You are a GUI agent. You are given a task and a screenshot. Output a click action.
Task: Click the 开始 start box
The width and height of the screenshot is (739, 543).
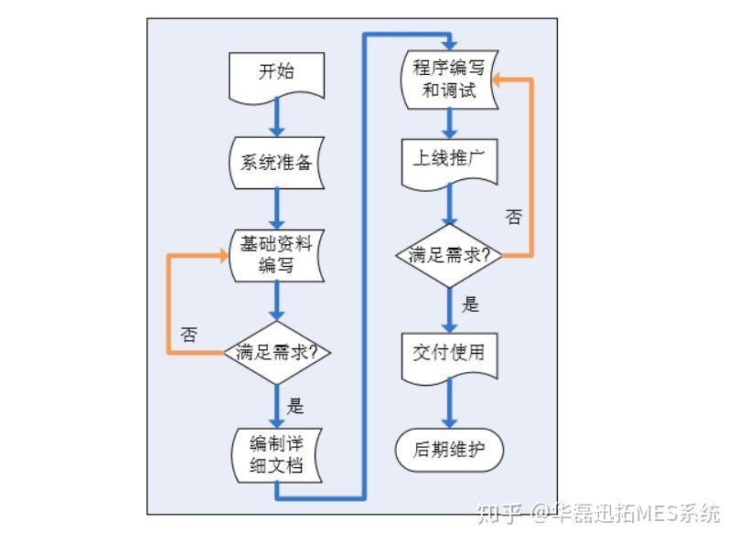276,73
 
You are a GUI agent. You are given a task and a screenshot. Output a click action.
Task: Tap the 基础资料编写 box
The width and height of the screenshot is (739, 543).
276,255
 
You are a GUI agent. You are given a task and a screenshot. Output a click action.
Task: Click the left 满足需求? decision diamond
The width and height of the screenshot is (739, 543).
276,352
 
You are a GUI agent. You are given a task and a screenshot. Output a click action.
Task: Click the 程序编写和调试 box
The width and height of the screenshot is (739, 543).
449,78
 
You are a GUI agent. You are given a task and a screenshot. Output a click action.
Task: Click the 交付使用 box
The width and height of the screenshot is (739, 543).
449,355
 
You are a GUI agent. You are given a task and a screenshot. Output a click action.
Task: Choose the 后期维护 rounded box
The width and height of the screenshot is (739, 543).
449,450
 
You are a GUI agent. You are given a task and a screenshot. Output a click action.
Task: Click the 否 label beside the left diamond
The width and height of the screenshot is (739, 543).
189,335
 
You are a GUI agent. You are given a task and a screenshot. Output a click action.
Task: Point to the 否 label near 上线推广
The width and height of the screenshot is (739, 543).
515,218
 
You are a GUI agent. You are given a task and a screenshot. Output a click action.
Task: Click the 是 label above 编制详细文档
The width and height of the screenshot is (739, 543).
296,405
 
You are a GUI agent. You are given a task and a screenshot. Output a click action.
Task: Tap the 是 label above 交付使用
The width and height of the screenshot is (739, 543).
470,304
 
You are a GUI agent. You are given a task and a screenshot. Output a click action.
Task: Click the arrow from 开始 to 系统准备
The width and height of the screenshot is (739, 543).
276,118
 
